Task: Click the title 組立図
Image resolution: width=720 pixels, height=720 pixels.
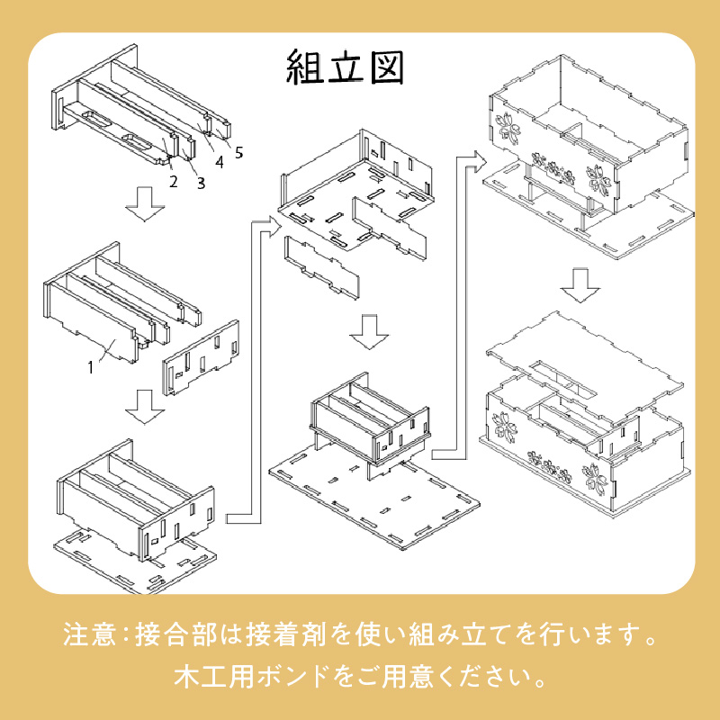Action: click(346, 67)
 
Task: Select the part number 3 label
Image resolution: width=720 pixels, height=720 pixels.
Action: click(200, 184)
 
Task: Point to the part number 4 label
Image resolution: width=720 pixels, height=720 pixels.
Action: click(219, 163)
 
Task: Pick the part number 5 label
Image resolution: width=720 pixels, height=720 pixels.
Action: click(238, 152)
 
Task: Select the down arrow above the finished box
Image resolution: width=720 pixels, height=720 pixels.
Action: click(580, 283)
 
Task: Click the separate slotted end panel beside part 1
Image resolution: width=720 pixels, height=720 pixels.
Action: click(200, 358)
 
